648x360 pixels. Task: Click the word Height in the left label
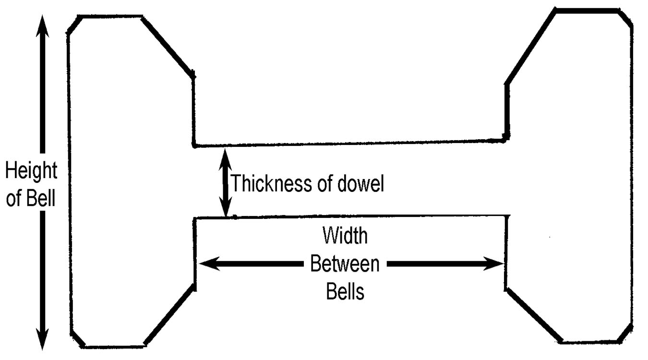click(x=31, y=171)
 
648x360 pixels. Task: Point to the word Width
click(x=345, y=236)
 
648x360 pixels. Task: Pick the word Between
click(x=345, y=264)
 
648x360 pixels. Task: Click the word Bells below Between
click(x=345, y=291)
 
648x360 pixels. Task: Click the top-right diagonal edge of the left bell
click(x=168, y=46)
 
